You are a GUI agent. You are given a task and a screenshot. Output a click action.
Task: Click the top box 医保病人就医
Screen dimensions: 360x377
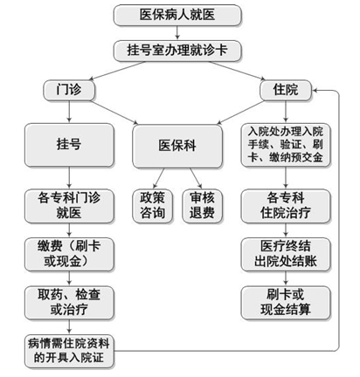coord(177,15)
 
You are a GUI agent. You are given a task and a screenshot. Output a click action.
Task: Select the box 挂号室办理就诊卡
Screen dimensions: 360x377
coord(177,51)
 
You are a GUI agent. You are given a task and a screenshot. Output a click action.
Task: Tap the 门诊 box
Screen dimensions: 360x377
coord(69,90)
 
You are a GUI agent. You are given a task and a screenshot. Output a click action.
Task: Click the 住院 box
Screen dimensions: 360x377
coord(286,90)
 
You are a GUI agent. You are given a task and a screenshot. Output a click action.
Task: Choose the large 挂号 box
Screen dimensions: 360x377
coord(69,145)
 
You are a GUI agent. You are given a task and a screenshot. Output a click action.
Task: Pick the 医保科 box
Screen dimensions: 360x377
coord(177,146)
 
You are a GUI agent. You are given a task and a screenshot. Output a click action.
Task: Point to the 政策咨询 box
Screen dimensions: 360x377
coord(152,206)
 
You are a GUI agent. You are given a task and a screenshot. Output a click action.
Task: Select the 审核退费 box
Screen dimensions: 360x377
coord(202,206)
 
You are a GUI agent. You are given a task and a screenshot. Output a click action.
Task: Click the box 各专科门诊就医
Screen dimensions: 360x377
coord(69,206)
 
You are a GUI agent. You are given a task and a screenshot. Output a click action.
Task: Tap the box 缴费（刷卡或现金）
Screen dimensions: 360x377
coord(69,255)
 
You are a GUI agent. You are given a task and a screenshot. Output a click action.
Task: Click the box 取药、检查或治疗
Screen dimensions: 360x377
coord(69,303)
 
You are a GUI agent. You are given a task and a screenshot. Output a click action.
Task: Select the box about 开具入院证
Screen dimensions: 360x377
coord(69,351)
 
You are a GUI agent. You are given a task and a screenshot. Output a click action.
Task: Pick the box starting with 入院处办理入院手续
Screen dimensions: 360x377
coord(286,145)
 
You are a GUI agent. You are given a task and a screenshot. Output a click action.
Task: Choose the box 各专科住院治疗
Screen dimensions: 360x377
coord(286,206)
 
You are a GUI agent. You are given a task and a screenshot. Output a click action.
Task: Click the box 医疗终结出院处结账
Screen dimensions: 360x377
coord(286,255)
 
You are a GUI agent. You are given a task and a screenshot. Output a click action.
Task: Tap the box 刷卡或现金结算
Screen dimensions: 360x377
coord(286,303)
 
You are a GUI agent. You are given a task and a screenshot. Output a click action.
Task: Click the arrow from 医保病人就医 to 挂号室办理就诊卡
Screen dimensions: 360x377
coord(177,32)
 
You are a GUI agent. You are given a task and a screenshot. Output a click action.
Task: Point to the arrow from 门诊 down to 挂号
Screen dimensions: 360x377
coord(69,112)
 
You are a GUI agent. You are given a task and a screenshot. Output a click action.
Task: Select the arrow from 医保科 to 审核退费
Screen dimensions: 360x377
coord(196,178)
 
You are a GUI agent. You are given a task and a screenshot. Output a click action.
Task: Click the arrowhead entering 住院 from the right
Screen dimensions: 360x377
coord(315,90)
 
